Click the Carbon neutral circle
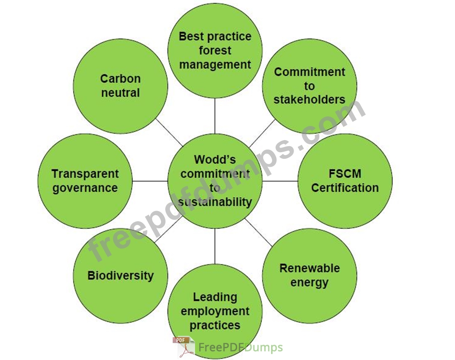pyautogui.click(x=120, y=86)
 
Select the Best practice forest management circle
pyautogui.click(x=215, y=50)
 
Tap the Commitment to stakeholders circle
pyautogui.click(x=309, y=86)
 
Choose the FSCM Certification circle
pyautogui.click(x=345, y=181)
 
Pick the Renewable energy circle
pyautogui.click(x=309, y=275)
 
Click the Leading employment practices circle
pyautogui.click(x=215, y=311)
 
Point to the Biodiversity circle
pyautogui.click(x=120, y=275)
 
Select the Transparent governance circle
pyautogui.click(x=85, y=181)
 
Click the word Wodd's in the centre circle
pyautogui.click(x=215, y=160)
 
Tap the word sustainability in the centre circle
pyautogui.click(x=215, y=202)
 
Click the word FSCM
pyautogui.click(x=345, y=174)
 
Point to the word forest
pyautogui.click(x=215, y=50)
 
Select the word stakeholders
pyautogui.click(x=309, y=99)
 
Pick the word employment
pyautogui.click(x=215, y=311)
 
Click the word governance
pyautogui.click(x=85, y=188)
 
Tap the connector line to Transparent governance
pyautogui.click(x=150, y=181)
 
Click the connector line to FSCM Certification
pyautogui.click(x=280, y=181)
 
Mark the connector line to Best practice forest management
pyautogui.click(x=215, y=116)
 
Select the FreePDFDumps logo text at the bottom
pyautogui.click(x=240, y=348)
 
